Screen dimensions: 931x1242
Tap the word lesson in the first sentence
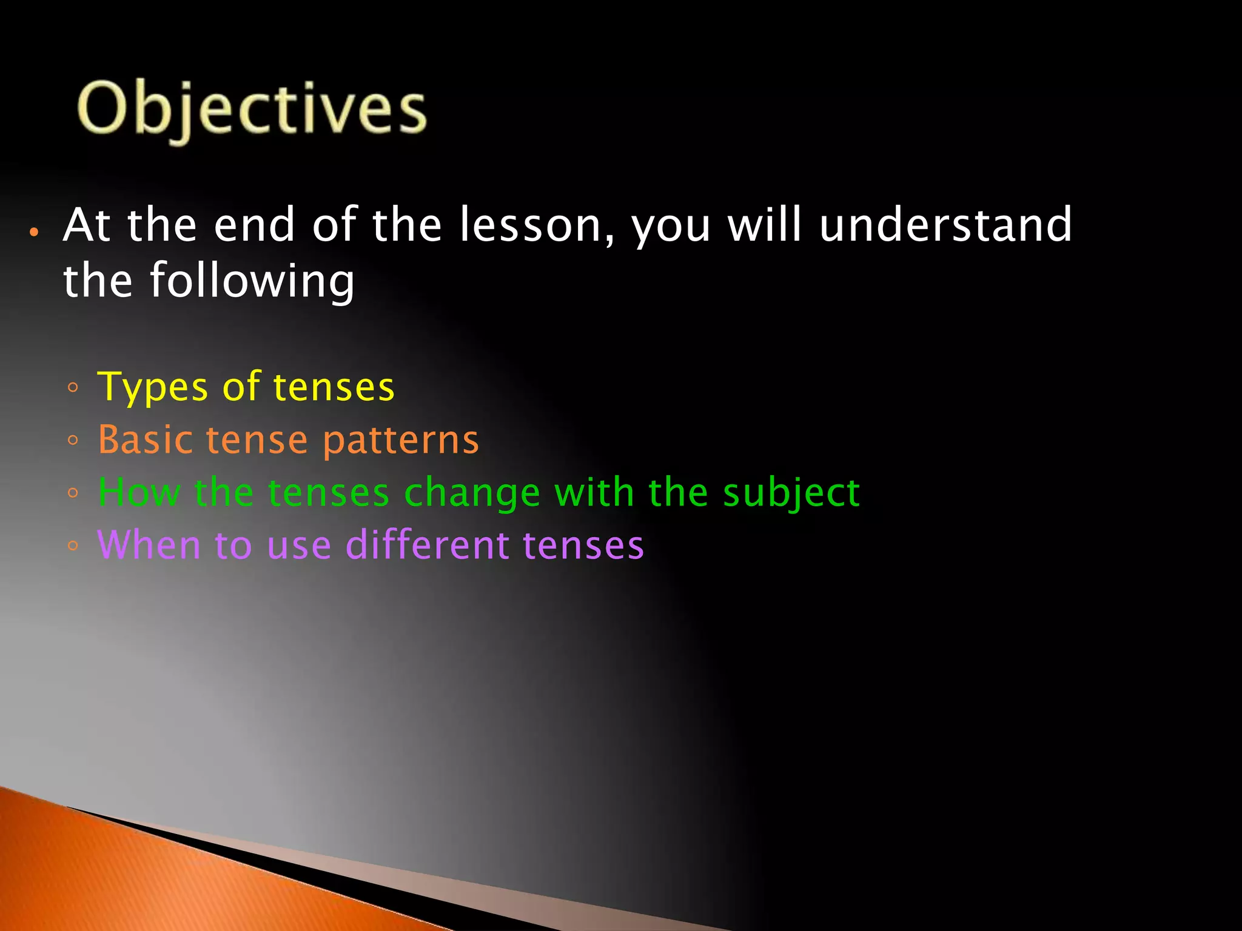point(535,225)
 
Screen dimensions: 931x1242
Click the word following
point(251,281)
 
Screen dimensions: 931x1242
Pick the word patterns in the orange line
point(400,441)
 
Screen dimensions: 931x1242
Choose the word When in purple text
point(149,544)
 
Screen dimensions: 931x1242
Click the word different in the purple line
point(427,544)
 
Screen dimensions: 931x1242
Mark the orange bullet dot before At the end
point(35,232)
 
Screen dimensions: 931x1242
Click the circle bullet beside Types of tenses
point(73,388)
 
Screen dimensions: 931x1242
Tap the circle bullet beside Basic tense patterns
point(73,441)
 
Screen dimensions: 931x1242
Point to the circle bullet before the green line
point(73,493)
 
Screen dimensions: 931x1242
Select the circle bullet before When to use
point(73,546)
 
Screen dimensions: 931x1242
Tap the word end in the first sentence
point(255,225)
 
